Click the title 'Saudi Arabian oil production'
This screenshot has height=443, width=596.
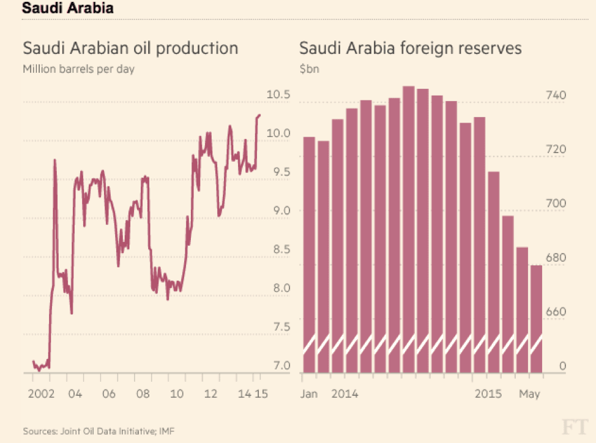point(130,48)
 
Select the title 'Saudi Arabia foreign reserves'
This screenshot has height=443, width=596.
point(410,48)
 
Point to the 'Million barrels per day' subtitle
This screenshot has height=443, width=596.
point(78,69)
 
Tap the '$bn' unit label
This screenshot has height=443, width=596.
point(310,69)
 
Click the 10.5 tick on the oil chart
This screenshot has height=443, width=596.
point(278,95)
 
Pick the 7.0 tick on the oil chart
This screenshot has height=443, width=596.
point(278,366)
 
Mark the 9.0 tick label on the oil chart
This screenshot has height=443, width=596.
point(278,211)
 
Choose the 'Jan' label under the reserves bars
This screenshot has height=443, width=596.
point(310,393)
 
